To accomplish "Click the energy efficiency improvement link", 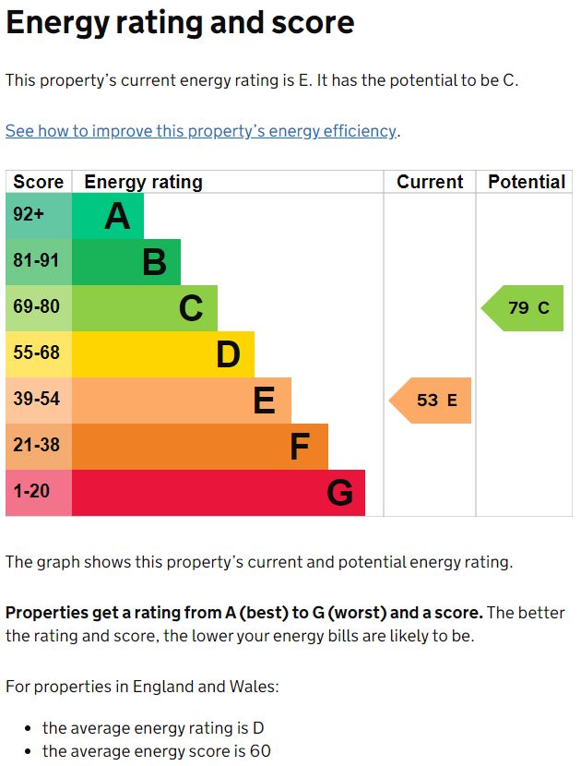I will click(201, 131).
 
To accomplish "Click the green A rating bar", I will click(107, 216).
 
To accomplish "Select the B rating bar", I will click(125, 262).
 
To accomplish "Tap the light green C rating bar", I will click(144, 308).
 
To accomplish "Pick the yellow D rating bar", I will click(162, 354).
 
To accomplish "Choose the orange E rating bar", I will click(181, 401).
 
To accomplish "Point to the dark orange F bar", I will click(199, 447).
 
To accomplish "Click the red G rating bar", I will click(218, 493).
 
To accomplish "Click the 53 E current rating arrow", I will click(432, 401).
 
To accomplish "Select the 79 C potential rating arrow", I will click(524, 308).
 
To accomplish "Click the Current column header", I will click(430, 182).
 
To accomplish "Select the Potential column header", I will click(527, 182).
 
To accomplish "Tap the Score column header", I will click(38, 182).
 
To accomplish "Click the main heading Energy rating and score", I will click(180, 23).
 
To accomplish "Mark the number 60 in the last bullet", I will click(259, 751).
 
